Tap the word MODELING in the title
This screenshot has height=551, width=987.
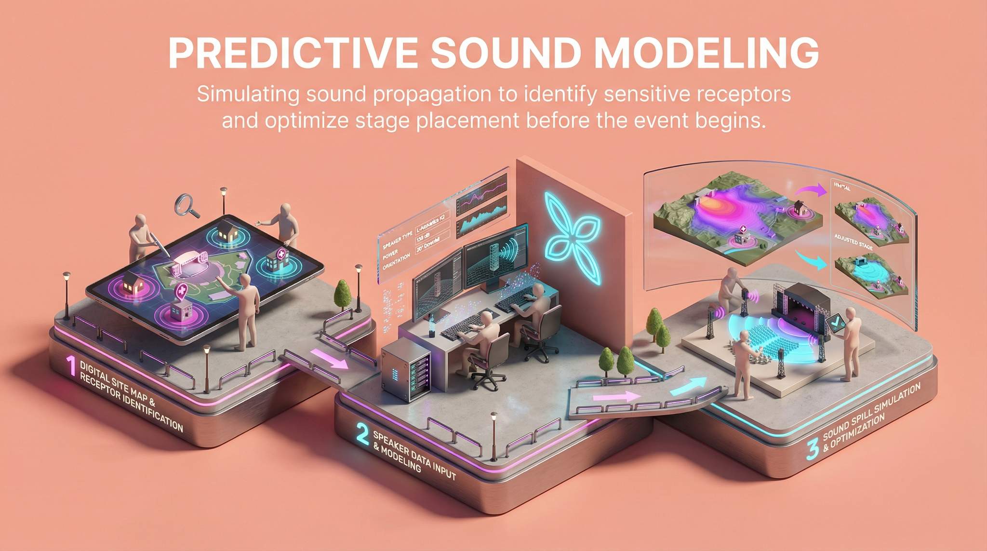click(707, 53)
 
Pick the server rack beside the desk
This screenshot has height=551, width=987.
click(406, 371)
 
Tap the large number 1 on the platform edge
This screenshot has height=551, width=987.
click(71, 366)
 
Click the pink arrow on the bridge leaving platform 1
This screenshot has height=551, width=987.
click(330, 359)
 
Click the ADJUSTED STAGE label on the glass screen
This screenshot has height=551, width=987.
click(853, 241)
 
